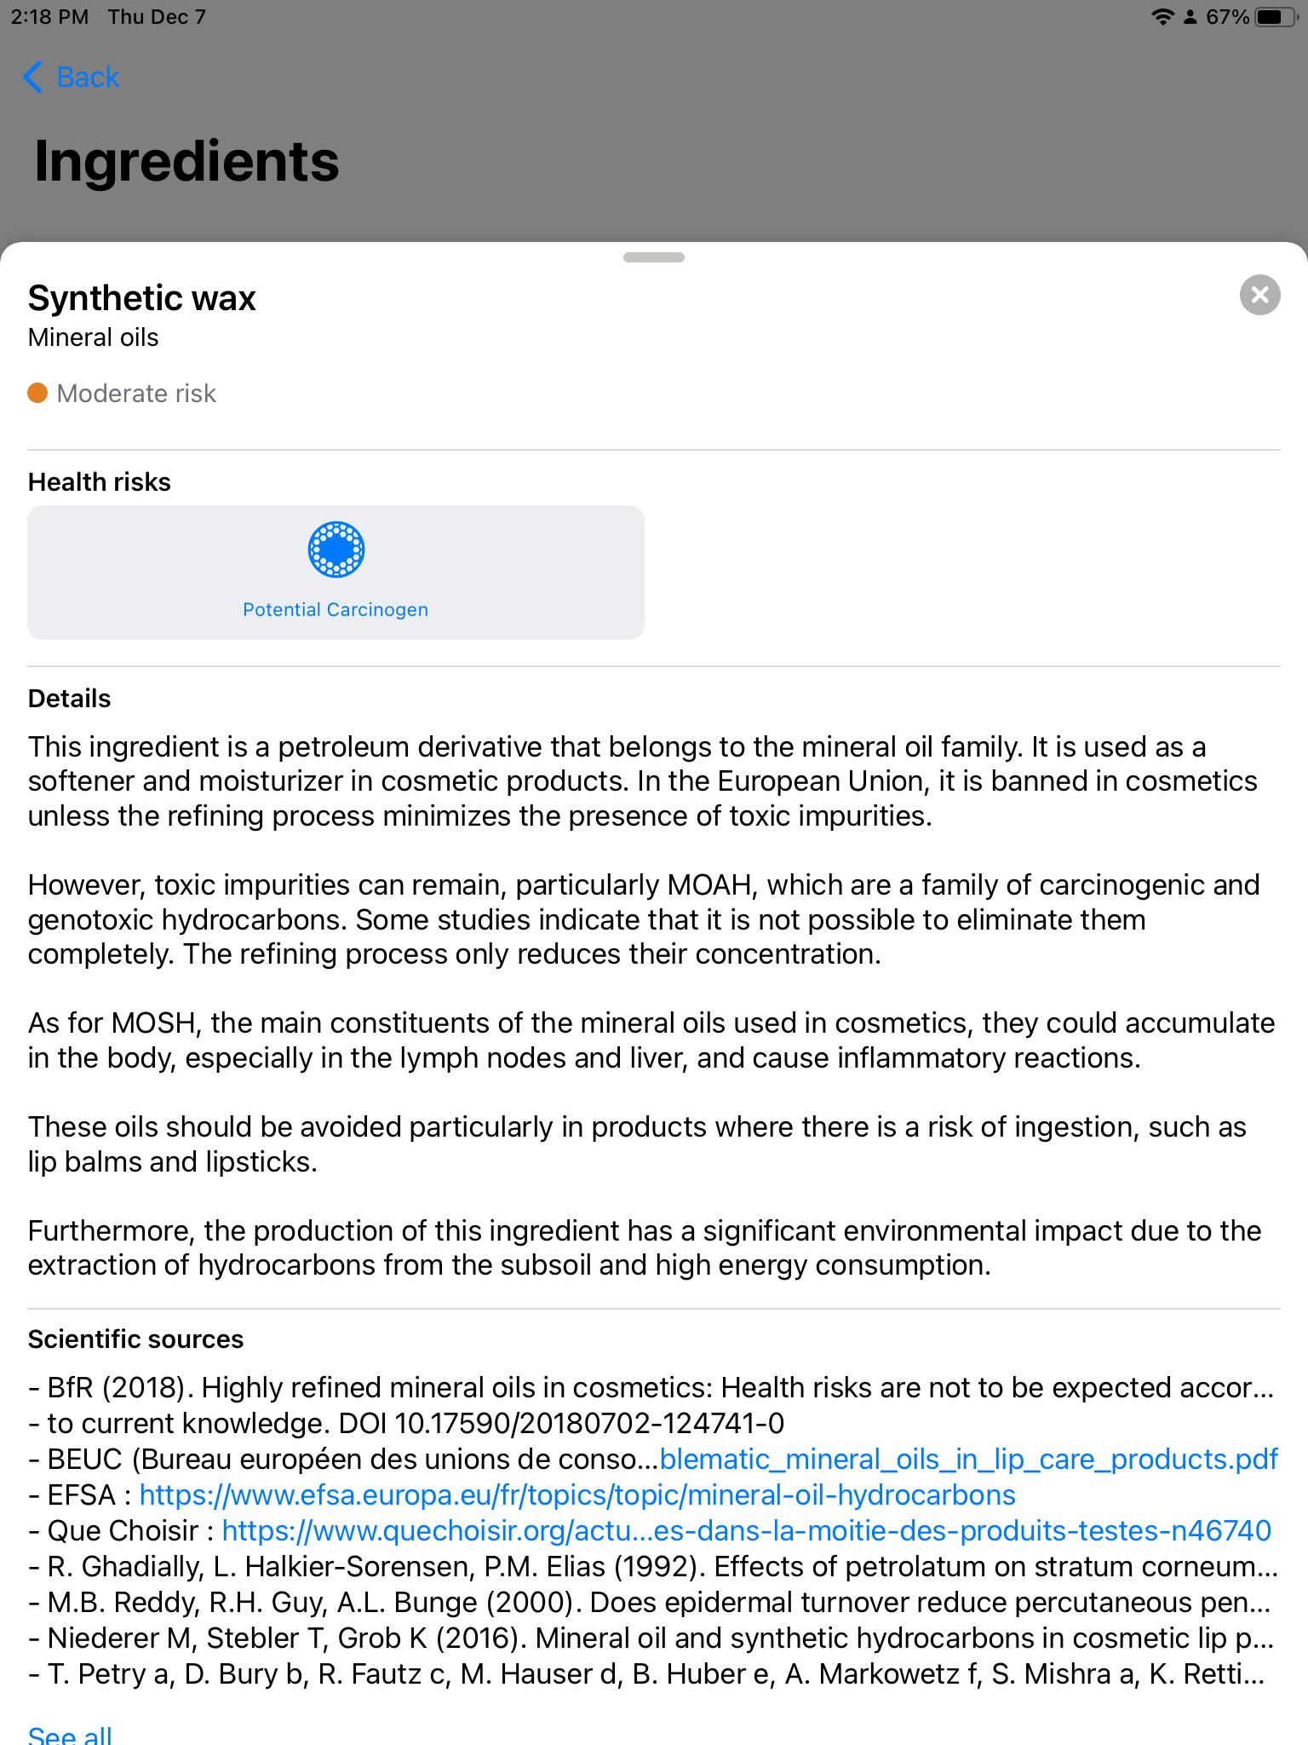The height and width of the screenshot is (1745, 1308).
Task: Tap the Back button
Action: [72, 77]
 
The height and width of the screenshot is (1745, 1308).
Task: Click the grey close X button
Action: [1259, 295]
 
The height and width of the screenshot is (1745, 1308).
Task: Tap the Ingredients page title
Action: [186, 161]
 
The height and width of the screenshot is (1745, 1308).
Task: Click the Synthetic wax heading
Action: [141, 298]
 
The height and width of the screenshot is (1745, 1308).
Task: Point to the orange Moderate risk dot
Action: [37, 393]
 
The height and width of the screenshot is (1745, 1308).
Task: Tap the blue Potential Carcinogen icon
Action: [336, 550]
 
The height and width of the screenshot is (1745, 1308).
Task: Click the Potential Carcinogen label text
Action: [336, 609]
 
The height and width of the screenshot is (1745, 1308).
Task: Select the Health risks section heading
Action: [99, 482]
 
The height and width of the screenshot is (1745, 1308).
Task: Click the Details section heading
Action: [69, 699]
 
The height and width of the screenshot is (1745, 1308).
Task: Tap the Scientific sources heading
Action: [135, 1339]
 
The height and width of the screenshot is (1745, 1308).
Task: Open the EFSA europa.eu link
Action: [577, 1495]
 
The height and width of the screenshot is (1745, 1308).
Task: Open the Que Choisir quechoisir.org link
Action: [746, 1531]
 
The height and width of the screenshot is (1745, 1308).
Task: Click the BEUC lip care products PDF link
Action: [968, 1460]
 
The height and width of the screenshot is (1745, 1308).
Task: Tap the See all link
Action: [70, 1735]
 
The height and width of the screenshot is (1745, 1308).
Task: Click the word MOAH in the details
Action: [710, 885]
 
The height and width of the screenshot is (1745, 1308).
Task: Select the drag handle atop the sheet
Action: [653, 257]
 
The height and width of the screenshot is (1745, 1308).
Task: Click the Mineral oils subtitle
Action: [93, 337]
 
